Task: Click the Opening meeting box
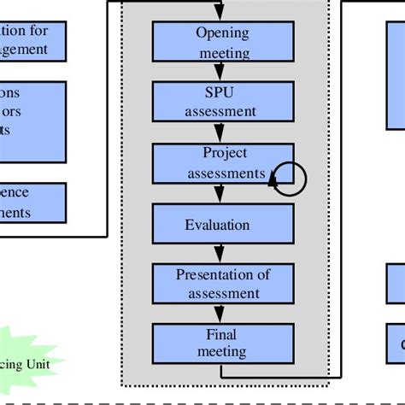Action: click(222, 42)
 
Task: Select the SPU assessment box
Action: click(222, 102)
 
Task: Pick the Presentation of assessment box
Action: click(222, 284)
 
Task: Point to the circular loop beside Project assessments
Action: click(289, 177)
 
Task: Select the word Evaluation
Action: click(217, 225)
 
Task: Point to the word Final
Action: click(221, 334)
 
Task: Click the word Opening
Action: click(222, 33)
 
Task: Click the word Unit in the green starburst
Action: click(36, 364)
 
